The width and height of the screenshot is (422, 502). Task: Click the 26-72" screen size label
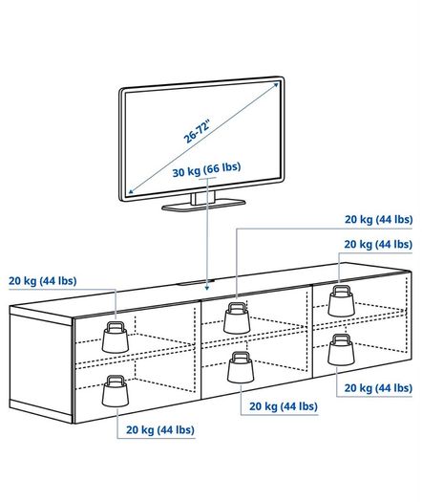197,131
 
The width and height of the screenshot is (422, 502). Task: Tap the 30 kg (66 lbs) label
206,170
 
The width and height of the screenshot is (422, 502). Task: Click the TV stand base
203,206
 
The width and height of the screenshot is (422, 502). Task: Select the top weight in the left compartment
116,337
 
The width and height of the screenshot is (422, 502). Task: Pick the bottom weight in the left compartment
116,390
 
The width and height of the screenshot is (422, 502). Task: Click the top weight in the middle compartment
237,317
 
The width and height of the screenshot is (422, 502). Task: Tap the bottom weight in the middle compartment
241,367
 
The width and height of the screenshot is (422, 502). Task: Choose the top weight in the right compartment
342,300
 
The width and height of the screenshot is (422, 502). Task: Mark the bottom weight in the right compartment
342,350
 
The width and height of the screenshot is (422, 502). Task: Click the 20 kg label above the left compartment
43,281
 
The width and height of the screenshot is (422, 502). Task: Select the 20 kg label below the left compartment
160,429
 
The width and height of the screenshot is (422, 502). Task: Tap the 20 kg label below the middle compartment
284,406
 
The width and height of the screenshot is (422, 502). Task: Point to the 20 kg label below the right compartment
378,388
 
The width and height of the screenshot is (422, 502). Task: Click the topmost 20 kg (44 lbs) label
378,220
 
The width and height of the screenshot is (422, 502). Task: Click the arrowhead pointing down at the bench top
207,288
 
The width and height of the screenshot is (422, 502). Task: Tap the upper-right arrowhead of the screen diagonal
276,84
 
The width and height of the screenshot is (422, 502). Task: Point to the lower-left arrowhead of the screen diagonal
131,191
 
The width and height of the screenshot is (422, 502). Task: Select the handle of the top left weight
116,326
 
